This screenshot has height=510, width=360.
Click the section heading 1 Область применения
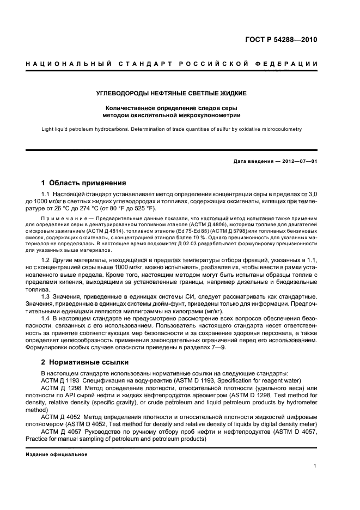coord(84,183)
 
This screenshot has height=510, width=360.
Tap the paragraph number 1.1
coord(46,194)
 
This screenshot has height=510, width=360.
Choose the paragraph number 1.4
coord(46,317)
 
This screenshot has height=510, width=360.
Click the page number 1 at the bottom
coord(315,466)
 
